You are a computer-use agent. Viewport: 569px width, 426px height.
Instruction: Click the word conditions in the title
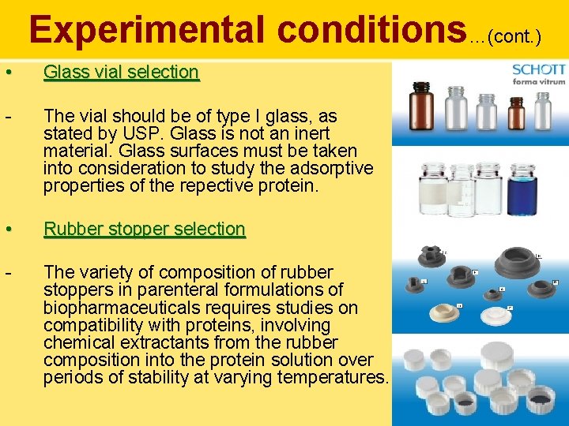pos(371,30)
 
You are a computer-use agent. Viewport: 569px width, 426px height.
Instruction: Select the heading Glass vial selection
pos(121,72)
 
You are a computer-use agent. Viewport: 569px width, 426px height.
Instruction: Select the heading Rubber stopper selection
pos(144,229)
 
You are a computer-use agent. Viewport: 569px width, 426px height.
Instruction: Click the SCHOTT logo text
pos(538,69)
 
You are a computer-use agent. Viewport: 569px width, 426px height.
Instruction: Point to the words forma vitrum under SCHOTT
pos(539,81)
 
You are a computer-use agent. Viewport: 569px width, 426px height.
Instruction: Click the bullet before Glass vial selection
pos(8,73)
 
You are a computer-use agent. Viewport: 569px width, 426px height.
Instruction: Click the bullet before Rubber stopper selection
pos(8,230)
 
